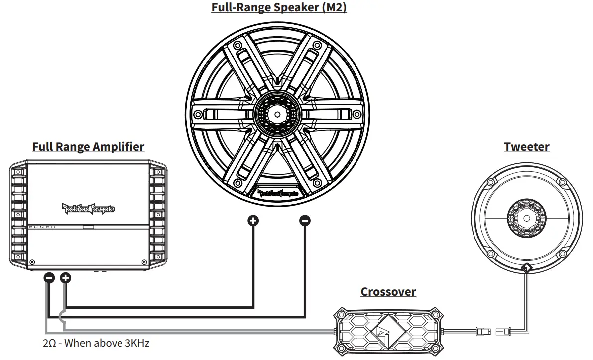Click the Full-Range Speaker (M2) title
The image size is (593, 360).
pyautogui.click(x=279, y=8)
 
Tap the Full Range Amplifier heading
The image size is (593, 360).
pyautogui.click(x=88, y=147)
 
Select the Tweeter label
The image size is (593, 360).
pyautogui.click(x=526, y=147)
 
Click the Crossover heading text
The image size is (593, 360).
pyautogui.click(x=388, y=292)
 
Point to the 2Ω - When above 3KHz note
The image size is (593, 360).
pyautogui.click(x=96, y=343)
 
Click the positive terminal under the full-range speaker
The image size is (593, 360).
pyautogui.click(x=253, y=220)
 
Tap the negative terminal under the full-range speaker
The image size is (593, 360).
pyautogui.click(x=305, y=220)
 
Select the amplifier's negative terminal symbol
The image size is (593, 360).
pyautogui.click(x=49, y=278)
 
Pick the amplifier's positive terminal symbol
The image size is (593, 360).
pyautogui.click(x=66, y=278)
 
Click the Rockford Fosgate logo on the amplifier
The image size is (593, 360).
pyautogui.click(x=88, y=208)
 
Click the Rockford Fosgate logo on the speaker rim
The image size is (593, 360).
pyautogui.click(x=278, y=192)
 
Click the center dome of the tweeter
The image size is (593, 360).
pyautogui.click(x=526, y=218)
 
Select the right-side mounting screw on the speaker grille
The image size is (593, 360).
pyautogui.click(x=357, y=113)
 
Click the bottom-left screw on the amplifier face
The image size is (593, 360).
pyautogui.click(x=32, y=262)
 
